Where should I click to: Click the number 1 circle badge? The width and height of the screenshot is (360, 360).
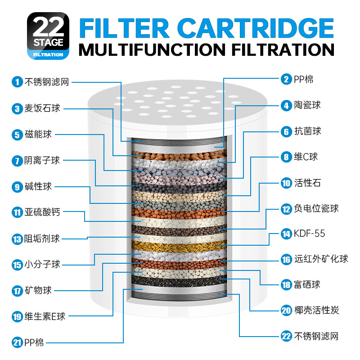point(17,82)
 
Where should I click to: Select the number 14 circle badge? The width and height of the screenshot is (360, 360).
point(287,234)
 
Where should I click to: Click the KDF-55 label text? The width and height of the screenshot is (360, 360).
point(309,234)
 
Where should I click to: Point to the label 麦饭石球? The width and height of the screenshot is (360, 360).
point(42,108)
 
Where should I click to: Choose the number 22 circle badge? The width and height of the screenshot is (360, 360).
point(287,336)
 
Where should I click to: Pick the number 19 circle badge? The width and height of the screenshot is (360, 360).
point(17,317)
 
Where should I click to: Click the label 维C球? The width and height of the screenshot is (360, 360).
point(306,157)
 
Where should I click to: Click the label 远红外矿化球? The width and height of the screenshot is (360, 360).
point(321,259)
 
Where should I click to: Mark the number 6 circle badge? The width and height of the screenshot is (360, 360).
point(287,131)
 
